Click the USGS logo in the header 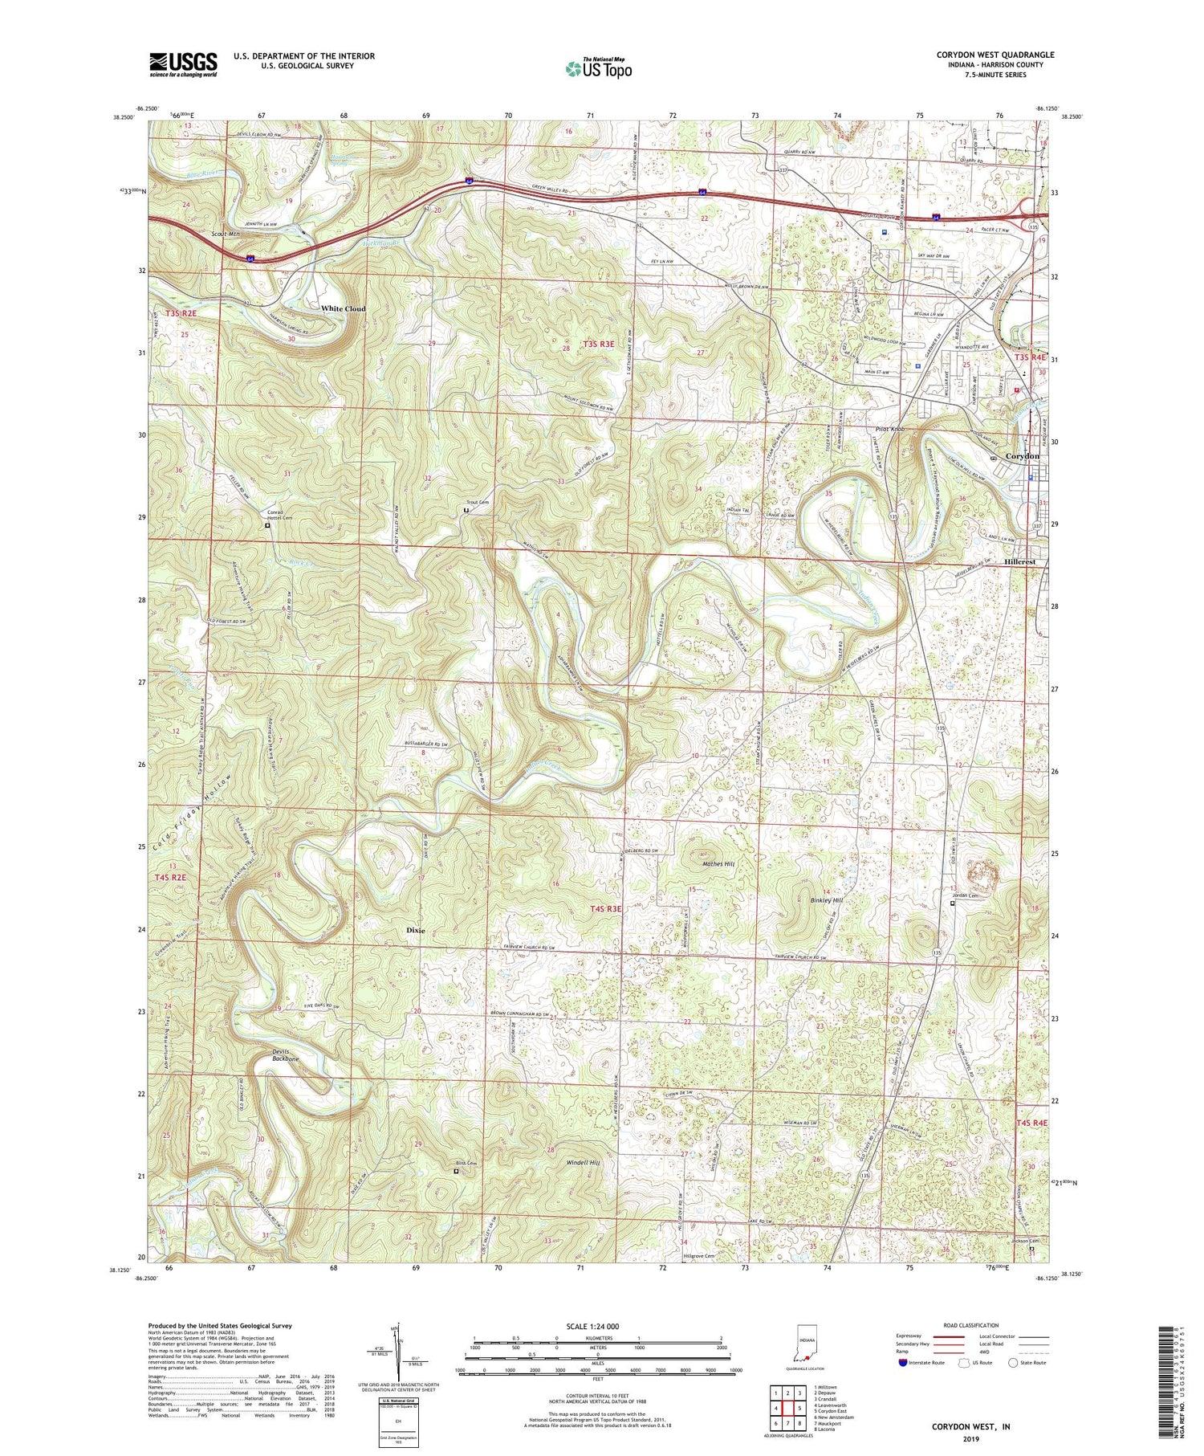click(183, 63)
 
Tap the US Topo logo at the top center click(598, 69)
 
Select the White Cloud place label click(343, 308)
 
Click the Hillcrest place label click(1019, 562)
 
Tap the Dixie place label click(415, 930)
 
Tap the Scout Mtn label click(226, 234)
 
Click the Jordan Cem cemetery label click(963, 895)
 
